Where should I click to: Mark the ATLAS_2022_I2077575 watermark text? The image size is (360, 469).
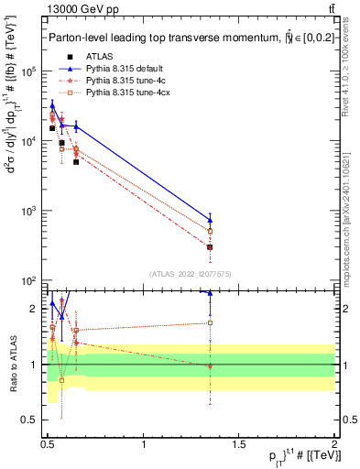coord(190,273)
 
